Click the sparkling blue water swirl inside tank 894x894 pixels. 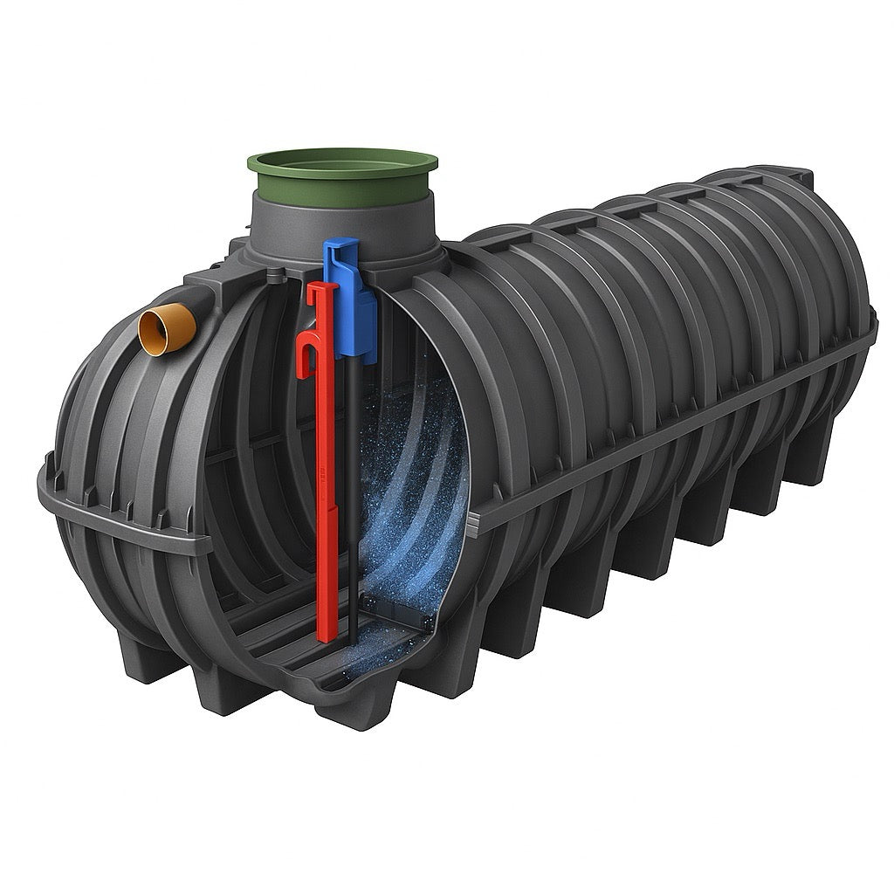(406, 489)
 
